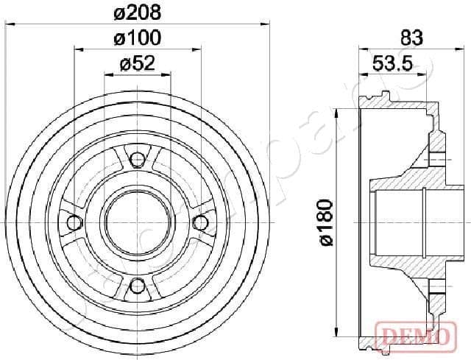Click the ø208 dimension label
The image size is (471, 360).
[x=137, y=13]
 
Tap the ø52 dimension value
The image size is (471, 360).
[x=137, y=64]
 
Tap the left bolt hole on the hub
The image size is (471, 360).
[x=72, y=222]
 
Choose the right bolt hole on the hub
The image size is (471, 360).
[x=201, y=222]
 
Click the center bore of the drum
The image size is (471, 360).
[x=137, y=222]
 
